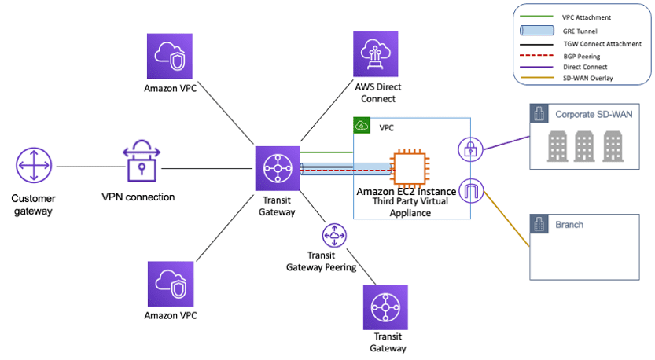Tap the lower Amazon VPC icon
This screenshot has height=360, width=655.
coord(170,284)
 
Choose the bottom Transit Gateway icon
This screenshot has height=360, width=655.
coord(385,308)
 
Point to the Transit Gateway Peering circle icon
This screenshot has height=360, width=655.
coord(335,235)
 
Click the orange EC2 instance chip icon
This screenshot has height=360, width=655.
coord(412,166)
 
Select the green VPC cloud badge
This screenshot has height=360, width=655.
coord(362,126)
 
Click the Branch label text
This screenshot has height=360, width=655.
coord(569,225)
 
